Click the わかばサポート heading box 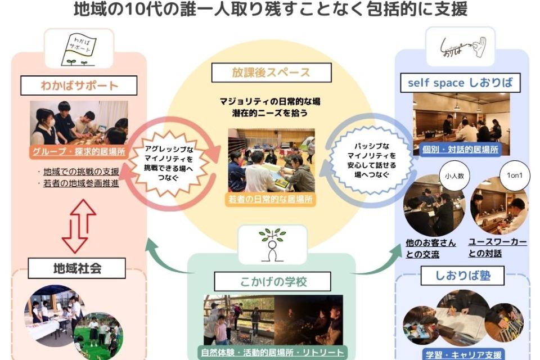click(79, 86)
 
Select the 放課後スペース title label click(271, 73)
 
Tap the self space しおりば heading click(461, 83)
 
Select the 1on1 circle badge click(514, 175)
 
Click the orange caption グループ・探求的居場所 click(79, 151)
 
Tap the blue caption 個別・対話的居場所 click(460, 150)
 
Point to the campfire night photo click(308, 319)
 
